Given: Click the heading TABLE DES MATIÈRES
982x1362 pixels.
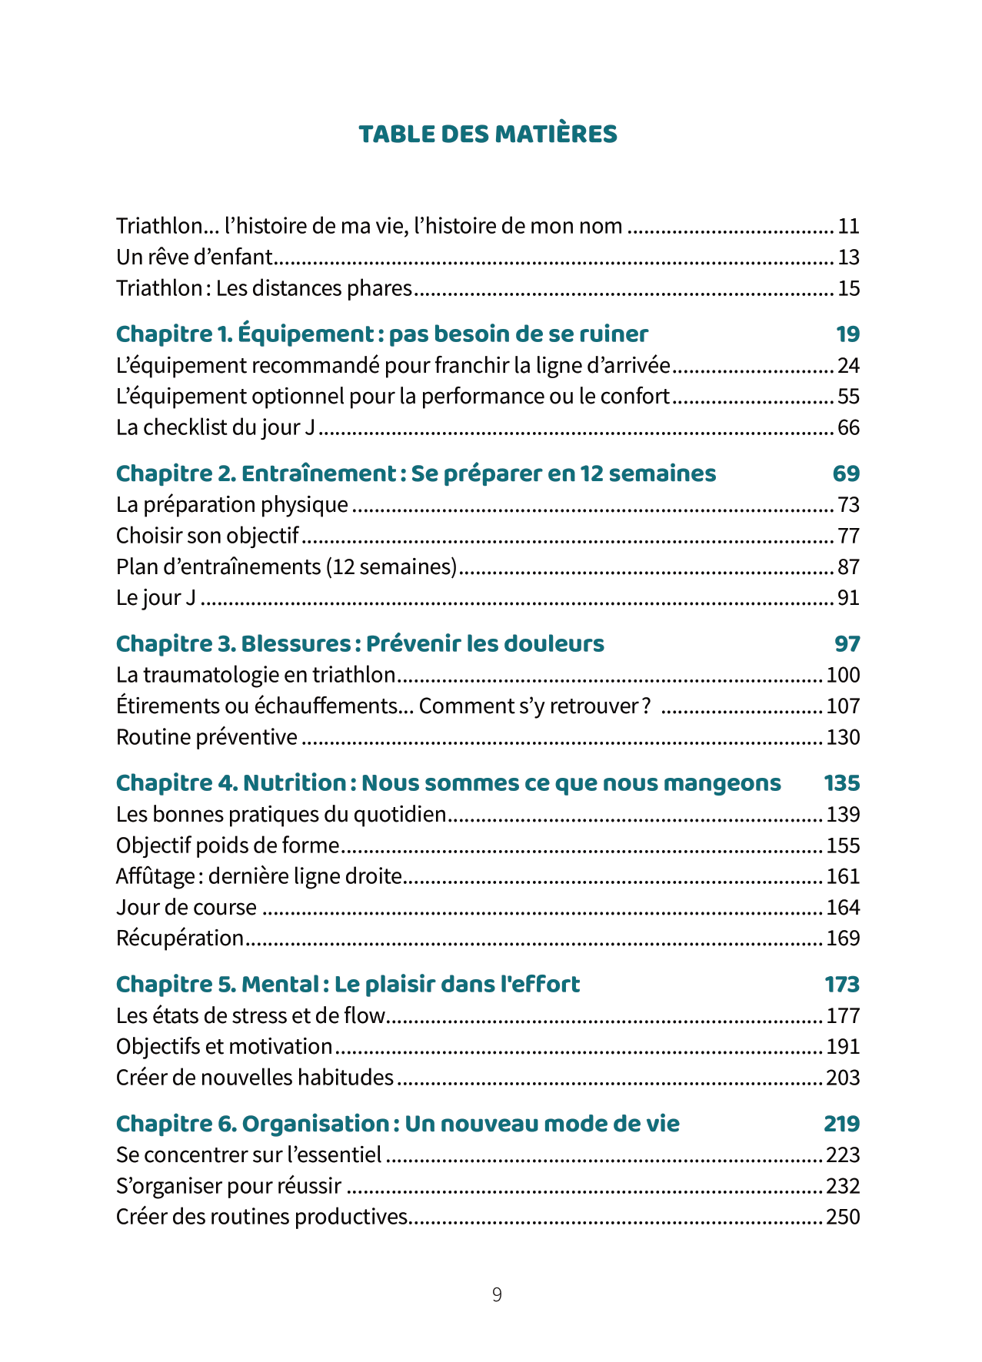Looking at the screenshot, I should coord(488,135).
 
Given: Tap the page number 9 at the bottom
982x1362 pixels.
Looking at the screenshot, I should coord(497,1294).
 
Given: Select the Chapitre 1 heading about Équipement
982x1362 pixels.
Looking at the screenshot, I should coord(381,334).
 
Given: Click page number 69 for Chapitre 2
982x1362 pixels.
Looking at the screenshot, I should coord(846,473).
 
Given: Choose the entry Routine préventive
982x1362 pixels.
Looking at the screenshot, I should coord(206,737).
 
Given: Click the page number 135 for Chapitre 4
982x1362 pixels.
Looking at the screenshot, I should coord(841,783).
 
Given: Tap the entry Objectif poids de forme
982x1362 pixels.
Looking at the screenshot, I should coord(228,845).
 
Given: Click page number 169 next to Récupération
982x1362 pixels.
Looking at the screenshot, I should coord(843,938).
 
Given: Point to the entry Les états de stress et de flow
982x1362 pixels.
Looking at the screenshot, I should coord(250,1016).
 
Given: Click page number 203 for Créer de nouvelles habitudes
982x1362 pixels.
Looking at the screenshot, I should coord(843,1078).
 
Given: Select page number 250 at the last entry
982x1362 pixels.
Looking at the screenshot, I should coord(843,1217).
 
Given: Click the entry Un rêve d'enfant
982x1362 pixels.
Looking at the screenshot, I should coord(195,257).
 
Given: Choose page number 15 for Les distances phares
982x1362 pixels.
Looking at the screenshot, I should coord(848,289).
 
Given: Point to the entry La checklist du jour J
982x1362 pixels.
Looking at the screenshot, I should coord(215,427).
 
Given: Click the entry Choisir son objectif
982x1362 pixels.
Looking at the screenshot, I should coord(207,536).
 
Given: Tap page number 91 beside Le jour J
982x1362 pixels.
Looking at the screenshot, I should coord(848,598).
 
